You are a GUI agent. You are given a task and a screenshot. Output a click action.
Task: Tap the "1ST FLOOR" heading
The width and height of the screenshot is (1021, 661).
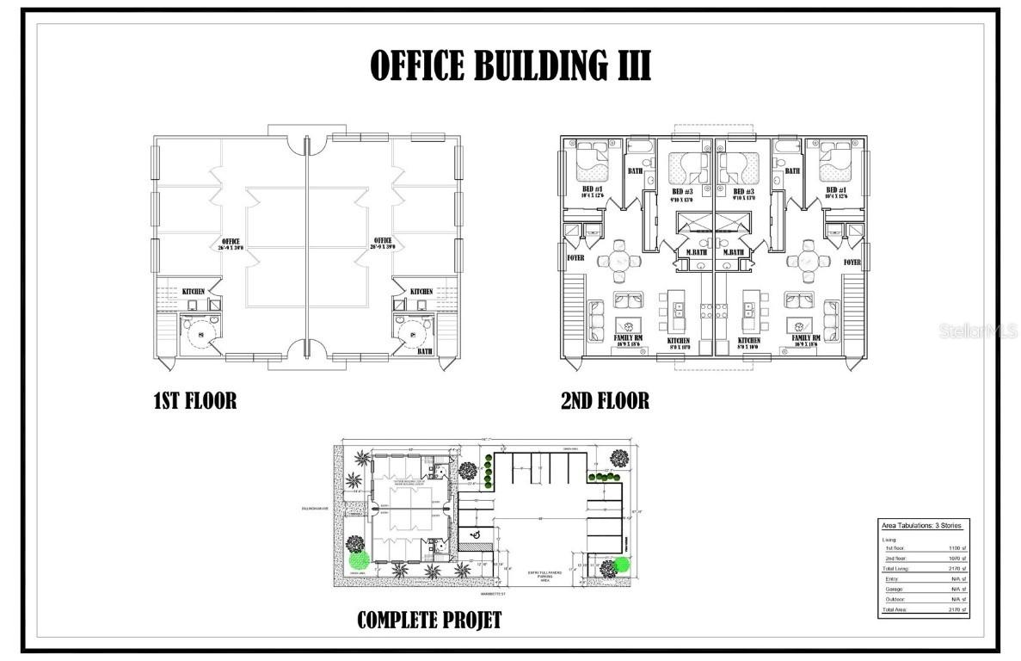(194, 401)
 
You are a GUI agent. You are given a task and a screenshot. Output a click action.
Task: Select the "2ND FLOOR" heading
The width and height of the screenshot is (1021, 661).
(605, 401)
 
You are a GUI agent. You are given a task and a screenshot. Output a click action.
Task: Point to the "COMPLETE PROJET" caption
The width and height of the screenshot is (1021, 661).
(428, 620)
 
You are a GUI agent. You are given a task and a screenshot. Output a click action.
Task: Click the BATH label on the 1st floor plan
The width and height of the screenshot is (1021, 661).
(425, 352)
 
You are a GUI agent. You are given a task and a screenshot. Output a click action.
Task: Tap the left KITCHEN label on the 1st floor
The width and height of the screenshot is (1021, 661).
(193, 293)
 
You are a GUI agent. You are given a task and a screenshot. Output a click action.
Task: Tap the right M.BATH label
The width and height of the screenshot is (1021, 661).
(734, 252)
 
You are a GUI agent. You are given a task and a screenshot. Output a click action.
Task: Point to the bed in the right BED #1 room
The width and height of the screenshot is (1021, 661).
(833, 157)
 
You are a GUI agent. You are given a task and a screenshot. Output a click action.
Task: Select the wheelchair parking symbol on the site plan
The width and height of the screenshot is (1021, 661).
(474, 534)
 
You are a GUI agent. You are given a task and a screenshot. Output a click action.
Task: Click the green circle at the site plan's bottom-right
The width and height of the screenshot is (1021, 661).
(621, 565)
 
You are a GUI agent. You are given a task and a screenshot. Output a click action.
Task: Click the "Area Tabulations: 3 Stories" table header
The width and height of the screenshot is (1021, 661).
(921, 525)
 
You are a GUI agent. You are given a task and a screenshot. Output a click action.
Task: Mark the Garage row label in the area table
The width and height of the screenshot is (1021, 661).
(895, 589)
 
